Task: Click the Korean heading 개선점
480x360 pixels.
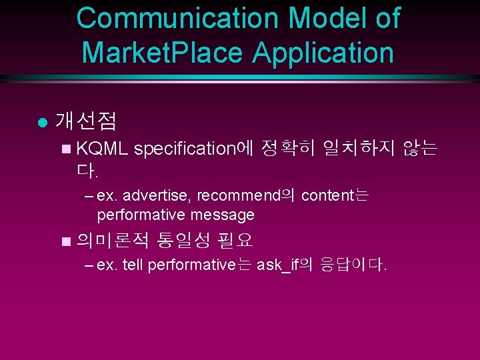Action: [86, 121]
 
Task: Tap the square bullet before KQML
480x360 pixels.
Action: [64, 149]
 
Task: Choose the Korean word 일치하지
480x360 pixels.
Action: [359, 149]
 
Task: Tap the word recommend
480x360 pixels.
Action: [237, 196]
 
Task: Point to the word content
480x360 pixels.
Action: [326, 196]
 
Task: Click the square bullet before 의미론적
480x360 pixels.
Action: [64, 240]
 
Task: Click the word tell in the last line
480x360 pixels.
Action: [133, 265]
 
